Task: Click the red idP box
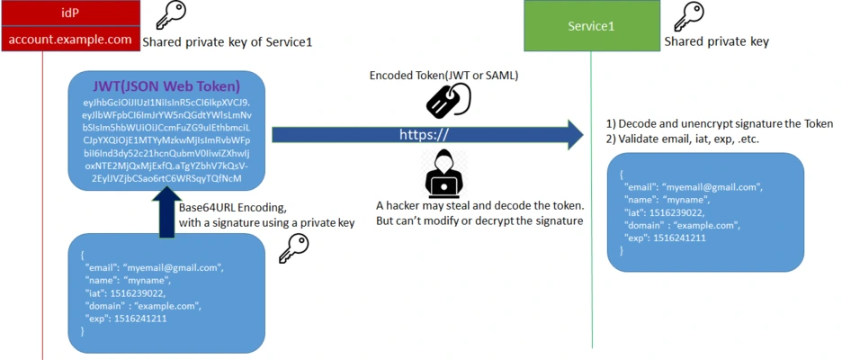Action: point(70,13)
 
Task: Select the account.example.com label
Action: point(70,40)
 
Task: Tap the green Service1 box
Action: point(591,26)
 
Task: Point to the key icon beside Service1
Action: point(689,16)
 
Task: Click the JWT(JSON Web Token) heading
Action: point(166,86)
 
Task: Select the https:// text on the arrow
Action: point(424,134)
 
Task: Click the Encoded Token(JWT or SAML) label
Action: point(443,76)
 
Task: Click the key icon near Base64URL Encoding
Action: point(293,248)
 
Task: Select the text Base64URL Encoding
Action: point(232,209)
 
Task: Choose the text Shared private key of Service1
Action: point(228,41)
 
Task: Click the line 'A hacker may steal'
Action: point(479,205)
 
